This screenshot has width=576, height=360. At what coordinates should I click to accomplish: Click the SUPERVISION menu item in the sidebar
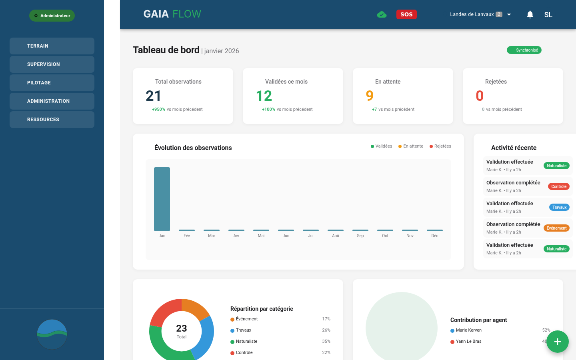pyautogui.click(x=52, y=64)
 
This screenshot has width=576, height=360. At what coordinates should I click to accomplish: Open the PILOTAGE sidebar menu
pyautogui.click(x=52, y=83)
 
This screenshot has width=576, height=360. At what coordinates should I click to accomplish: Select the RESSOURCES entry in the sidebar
pyautogui.click(x=52, y=120)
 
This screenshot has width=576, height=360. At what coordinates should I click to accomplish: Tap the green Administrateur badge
pyautogui.click(x=52, y=16)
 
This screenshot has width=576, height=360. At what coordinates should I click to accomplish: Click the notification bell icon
pyautogui.click(x=530, y=15)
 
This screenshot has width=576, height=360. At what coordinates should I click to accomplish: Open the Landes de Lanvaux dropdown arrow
pyautogui.click(x=509, y=15)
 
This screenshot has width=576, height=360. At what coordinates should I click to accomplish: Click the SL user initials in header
pyautogui.click(x=548, y=15)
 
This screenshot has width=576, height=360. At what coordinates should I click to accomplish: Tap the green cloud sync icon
pyautogui.click(x=382, y=15)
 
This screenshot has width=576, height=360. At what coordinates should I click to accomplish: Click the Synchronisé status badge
pyautogui.click(x=524, y=50)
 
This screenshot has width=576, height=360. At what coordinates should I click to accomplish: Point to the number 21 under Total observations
pyautogui.click(x=154, y=96)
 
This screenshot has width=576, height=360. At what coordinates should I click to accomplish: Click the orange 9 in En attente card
pyautogui.click(x=370, y=96)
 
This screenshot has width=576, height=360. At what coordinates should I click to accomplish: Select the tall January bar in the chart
pyautogui.click(x=162, y=199)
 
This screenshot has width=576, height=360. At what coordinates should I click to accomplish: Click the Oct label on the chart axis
pyautogui.click(x=385, y=236)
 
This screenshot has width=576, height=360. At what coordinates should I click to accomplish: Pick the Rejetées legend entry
pyautogui.click(x=440, y=146)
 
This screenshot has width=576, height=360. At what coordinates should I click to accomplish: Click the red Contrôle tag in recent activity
pyautogui.click(x=558, y=186)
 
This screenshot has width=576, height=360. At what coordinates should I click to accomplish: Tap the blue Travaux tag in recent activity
pyautogui.click(x=559, y=207)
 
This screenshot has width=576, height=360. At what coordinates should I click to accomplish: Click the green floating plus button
pyautogui.click(x=558, y=342)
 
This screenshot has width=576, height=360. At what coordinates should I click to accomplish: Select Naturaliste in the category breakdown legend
pyautogui.click(x=246, y=342)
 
